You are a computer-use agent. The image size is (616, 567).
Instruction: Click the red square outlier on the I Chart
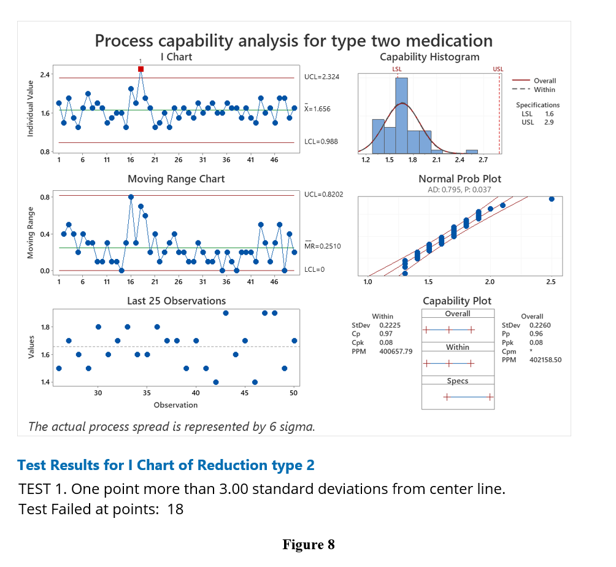coord(141,69)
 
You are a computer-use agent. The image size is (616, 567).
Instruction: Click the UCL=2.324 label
coord(321,77)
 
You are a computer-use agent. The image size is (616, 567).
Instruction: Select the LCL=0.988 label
coord(321,142)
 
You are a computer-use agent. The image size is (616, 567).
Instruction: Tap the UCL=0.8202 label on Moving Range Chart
coord(323,194)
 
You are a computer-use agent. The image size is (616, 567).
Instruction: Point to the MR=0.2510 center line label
coord(322,246)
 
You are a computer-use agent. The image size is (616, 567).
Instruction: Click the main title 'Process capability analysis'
coord(293,40)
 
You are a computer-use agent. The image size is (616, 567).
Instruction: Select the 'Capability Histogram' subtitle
coord(429,57)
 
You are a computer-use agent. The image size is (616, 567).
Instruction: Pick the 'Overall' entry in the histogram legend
coord(544,80)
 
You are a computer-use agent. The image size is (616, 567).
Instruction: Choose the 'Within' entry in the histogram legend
coord(544,90)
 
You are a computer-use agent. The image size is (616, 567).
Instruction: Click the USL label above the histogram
coord(498,69)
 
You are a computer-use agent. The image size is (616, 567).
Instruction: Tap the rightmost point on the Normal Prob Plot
coord(552,199)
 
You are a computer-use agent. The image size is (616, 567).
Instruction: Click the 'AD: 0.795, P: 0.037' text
coord(459,190)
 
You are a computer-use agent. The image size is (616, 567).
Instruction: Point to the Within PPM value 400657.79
coord(396,352)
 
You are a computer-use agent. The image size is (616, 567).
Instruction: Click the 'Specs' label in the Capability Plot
coord(458,381)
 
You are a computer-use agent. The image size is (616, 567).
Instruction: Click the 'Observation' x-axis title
coord(175,405)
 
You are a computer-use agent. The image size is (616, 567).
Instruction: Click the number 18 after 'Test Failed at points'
coord(175,509)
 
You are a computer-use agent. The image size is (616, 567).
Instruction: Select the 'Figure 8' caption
coord(308,544)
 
